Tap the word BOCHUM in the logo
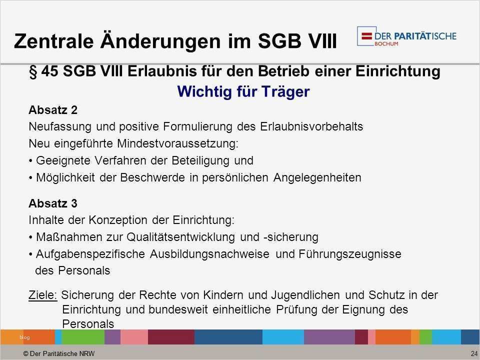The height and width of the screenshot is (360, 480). [386, 44]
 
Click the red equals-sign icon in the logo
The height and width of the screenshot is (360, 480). [366, 36]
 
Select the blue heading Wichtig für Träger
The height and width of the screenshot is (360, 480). [243, 91]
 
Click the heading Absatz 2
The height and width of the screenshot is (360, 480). [53, 110]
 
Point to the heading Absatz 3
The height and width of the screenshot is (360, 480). [53, 203]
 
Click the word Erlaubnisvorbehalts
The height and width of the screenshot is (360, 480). [311, 126]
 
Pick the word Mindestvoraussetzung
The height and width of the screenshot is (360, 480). [177, 143]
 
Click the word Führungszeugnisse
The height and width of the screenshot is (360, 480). [350, 254]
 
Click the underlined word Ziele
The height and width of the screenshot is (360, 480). [43, 295]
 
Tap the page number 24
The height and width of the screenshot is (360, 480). [474, 353]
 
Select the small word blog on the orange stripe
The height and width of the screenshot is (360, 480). [24, 337]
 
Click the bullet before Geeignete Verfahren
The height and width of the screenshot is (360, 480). [30, 160]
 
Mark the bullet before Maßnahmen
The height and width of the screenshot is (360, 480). [30, 237]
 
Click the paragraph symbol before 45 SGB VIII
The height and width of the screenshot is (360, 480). [33, 72]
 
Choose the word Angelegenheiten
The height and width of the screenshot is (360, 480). [317, 177]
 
